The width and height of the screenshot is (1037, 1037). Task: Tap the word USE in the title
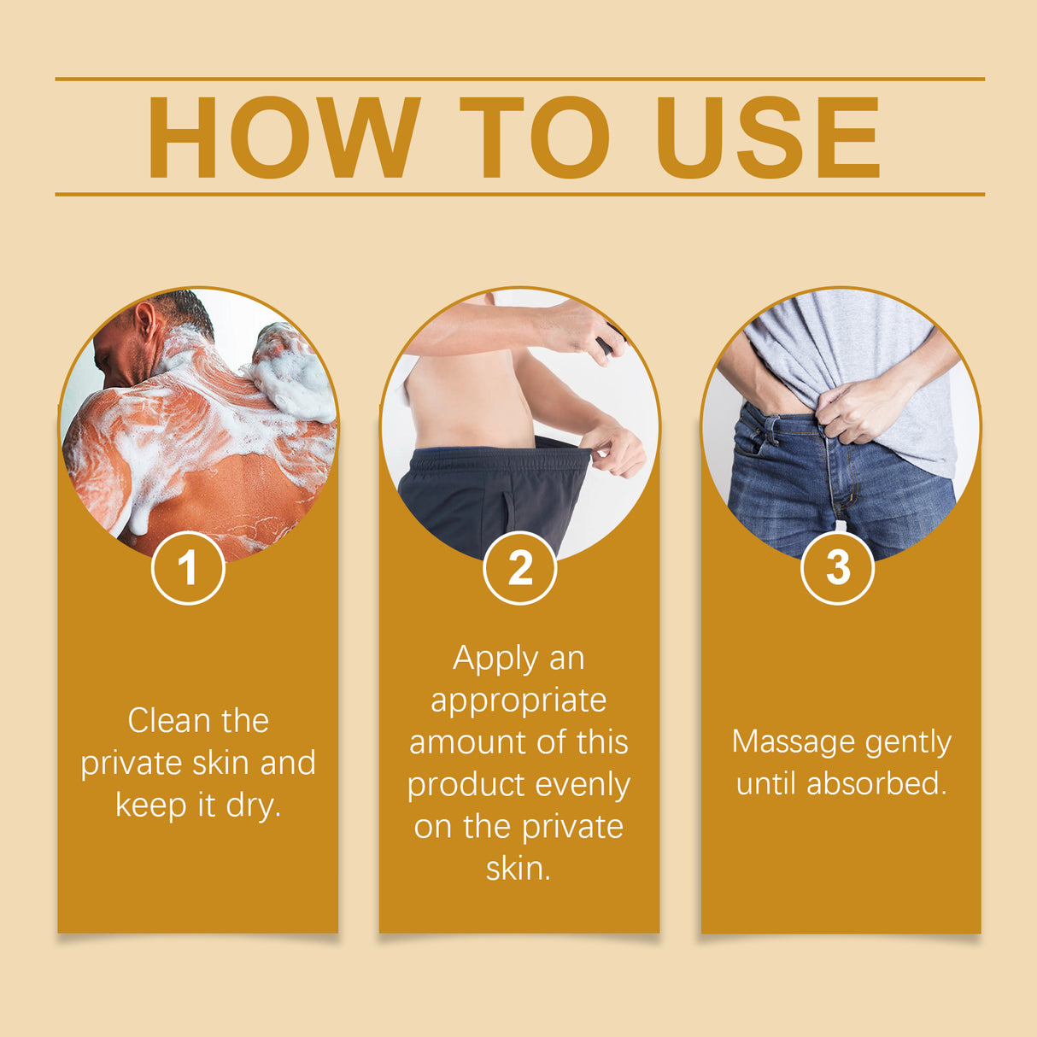[x=767, y=138]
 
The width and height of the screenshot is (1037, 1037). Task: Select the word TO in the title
[x=535, y=138]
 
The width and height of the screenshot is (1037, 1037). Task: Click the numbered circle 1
[x=188, y=568]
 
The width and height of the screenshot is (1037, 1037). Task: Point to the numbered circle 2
[x=519, y=568]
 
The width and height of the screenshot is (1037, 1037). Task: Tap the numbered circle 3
[x=838, y=568]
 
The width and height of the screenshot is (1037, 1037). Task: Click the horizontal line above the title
[x=519, y=79]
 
